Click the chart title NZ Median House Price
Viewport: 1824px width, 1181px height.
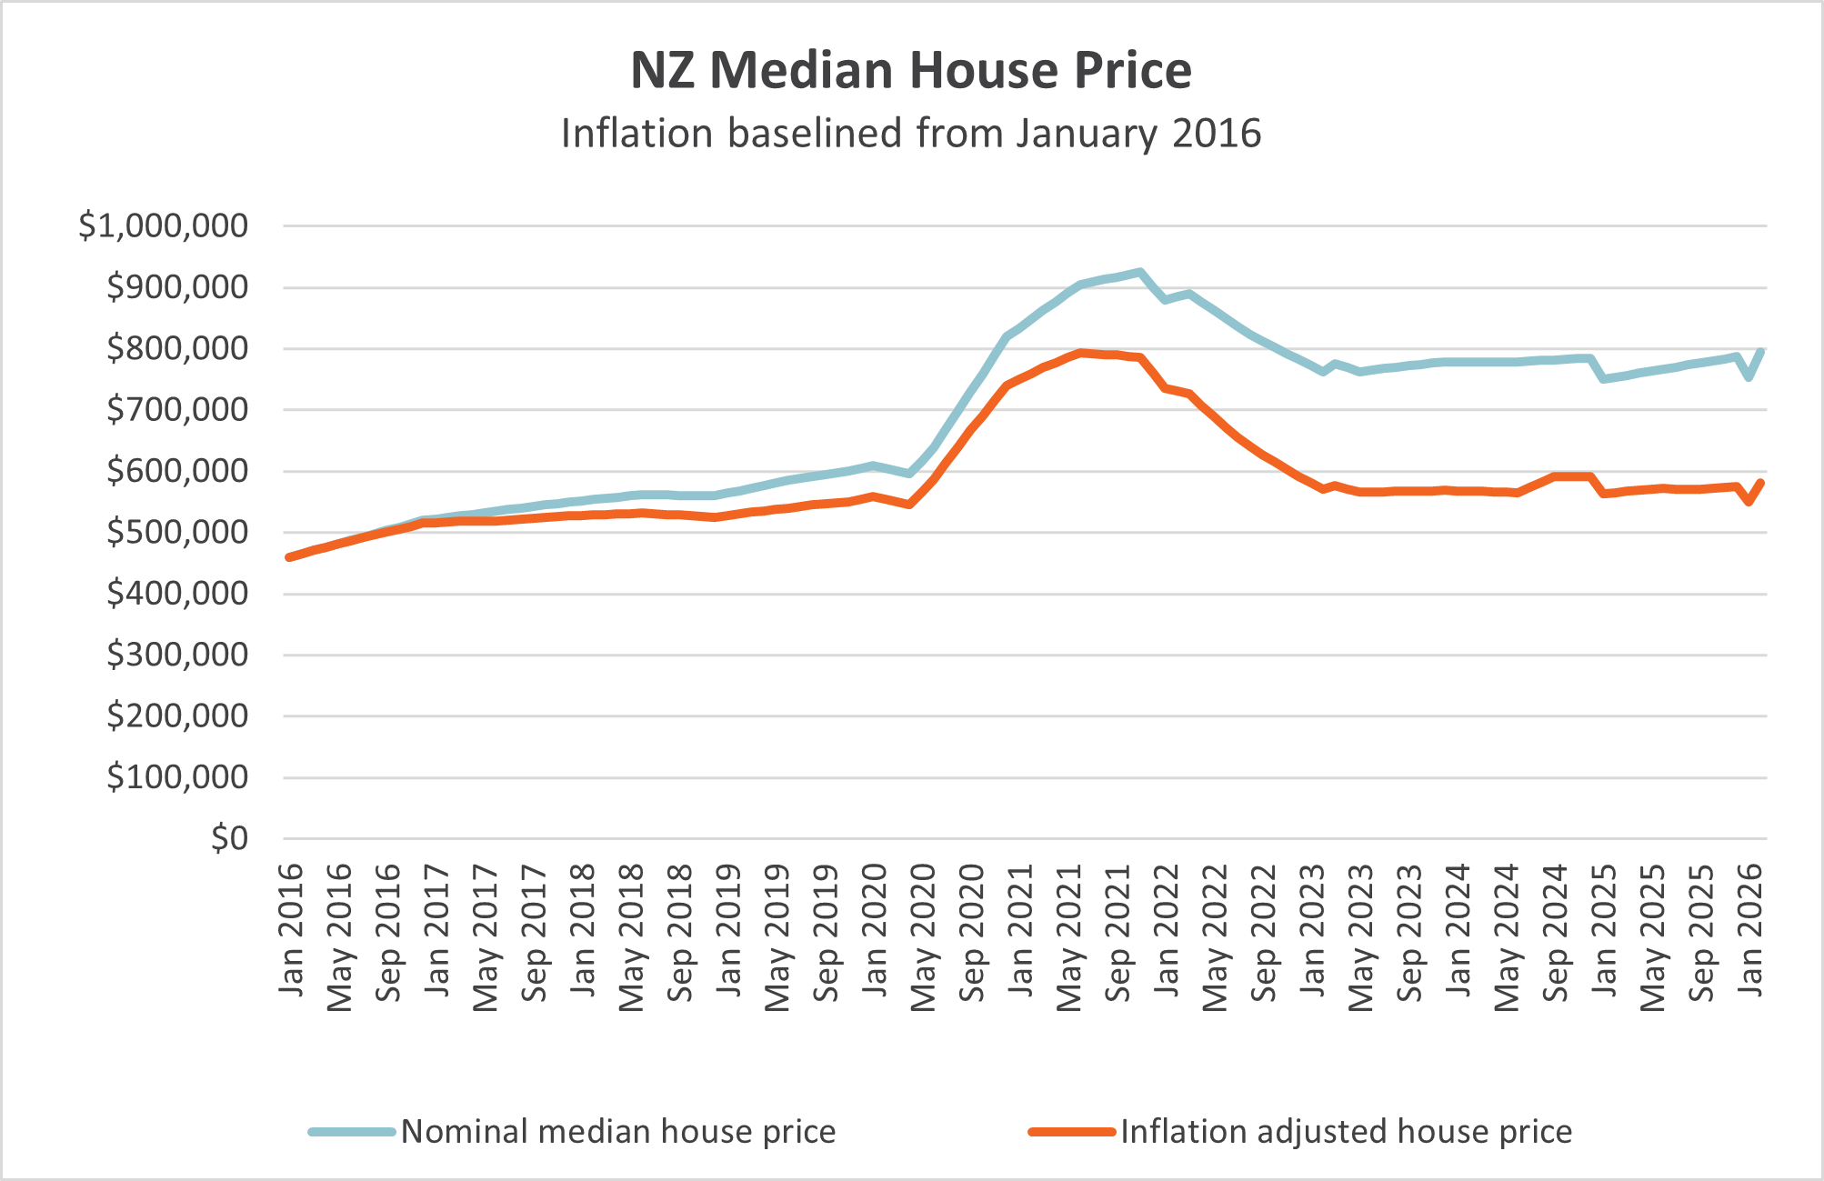911,70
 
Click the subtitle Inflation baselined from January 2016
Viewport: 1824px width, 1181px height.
911,134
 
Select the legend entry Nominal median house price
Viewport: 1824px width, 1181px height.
617,1132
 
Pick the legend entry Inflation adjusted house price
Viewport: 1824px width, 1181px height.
1346,1132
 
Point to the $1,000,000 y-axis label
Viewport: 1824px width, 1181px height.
164,225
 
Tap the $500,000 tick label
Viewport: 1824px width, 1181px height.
177,533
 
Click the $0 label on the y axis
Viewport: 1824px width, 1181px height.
229,838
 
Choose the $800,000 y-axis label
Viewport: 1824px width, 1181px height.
177,348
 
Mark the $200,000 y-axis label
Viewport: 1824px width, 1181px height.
177,716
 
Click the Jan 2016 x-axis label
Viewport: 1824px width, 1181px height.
291,929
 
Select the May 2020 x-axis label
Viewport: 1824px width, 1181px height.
924,937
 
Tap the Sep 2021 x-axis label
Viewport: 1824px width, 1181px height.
1118,933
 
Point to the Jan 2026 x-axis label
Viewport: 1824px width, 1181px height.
1750,929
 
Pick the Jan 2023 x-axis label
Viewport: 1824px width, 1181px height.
1313,929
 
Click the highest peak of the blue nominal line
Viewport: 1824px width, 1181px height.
1139,272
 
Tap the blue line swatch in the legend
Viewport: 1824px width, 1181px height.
352,1132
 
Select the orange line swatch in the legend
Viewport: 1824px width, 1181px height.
1072,1132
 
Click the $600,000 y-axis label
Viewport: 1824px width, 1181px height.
177,471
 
